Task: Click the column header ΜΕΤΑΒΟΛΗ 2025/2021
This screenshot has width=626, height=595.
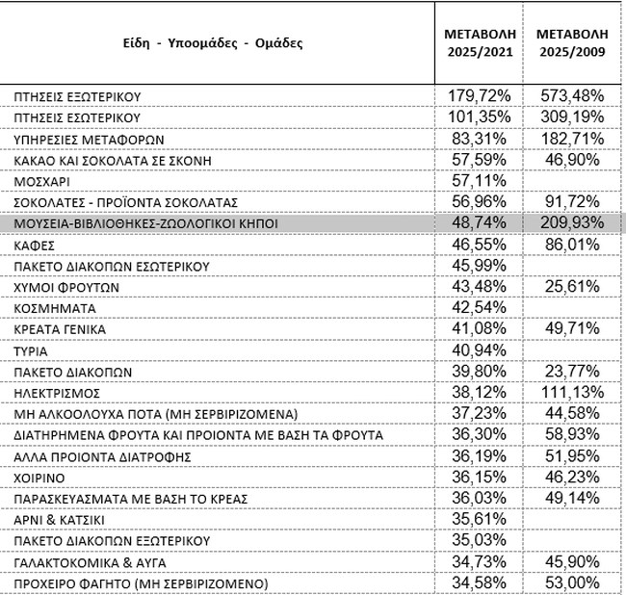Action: [x=479, y=41]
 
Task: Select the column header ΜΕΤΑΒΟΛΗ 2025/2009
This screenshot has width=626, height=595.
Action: [x=572, y=41]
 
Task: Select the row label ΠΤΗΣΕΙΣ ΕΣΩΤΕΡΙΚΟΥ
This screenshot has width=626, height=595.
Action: [x=77, y=117]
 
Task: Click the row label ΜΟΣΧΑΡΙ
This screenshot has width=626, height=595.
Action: [x=39, y=181]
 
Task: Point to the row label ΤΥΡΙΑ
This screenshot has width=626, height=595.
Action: [x=32, y=350]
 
